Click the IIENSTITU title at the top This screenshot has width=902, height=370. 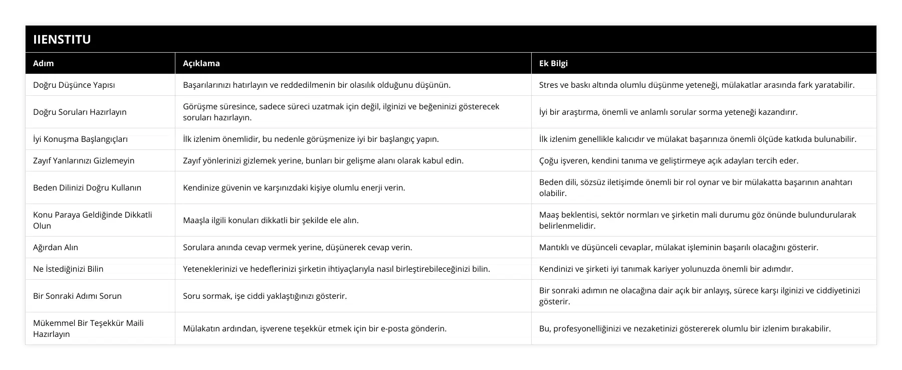click(62, 39)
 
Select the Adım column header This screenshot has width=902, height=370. click(44, 63)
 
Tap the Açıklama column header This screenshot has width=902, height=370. click(201, 63)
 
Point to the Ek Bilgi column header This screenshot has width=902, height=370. click(553, 63)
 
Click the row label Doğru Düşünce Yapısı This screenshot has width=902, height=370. click(74, 85)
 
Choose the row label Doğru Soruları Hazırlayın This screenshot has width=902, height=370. click(80, 112)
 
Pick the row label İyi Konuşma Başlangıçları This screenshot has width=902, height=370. click(80, 139)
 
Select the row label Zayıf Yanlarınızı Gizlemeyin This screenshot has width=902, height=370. click(84, 160)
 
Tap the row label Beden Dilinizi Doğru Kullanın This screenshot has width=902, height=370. click(87, 188)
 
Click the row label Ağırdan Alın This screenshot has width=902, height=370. click(56, 247)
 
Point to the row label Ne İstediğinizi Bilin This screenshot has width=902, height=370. click(68, 269)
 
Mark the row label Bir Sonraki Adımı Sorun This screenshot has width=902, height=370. click(77, 296)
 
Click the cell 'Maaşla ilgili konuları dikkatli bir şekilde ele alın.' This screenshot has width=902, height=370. click(271, 220)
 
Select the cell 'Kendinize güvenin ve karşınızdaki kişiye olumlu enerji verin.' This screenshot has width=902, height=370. click(294, 188)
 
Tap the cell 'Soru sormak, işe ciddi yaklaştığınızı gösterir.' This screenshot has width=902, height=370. click(265, 296)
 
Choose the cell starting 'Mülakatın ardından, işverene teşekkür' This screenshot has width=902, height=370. click(315, 328)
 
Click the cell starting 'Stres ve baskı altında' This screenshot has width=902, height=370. click(697, 85)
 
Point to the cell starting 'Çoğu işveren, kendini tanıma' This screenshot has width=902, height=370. click(668, 160)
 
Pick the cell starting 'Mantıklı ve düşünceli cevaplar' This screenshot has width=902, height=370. click(679, 247)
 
